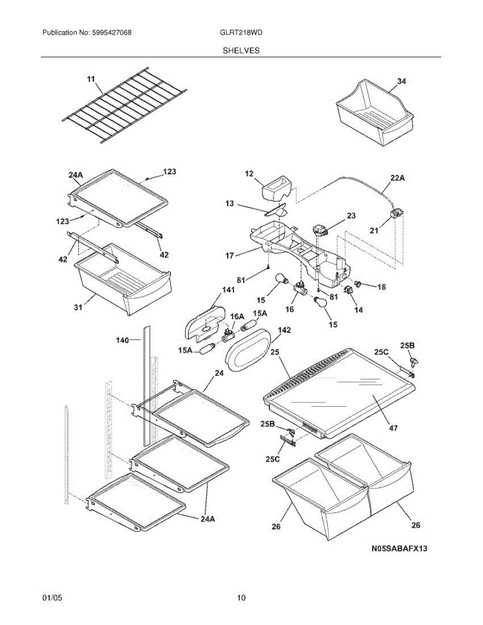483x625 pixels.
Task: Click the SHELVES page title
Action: pos(241,51)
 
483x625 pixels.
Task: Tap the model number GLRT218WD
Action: pos(241,33)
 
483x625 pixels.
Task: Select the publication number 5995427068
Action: pos(112,33)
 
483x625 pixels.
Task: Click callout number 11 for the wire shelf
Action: pos(91,79)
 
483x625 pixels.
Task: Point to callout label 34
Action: pos(402,81)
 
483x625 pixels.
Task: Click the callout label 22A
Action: pos(397,178)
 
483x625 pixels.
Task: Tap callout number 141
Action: pos(228,290)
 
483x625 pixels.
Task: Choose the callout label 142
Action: pos(284,330)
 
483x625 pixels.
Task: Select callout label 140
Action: pos(122,341)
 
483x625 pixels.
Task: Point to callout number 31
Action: pos(78,307)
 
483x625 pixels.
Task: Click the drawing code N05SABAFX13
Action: pos(399,548)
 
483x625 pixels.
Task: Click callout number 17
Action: pos(230,255)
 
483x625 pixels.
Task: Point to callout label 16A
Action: pos(237,317)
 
